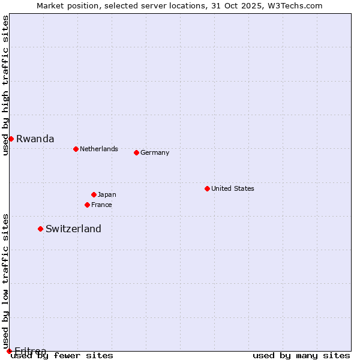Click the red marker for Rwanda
pos(11,139)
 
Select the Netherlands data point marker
pos(76,149)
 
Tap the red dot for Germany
pos(136,152)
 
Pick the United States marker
pos(207,188)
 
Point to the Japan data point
pos(94,194)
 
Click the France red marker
pos(87,205)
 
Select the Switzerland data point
pos(40,229)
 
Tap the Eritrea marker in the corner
pos(9,351)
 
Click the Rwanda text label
pos(35,139)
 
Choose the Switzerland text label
pos(73,229)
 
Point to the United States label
pos(232,188)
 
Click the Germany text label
pos(155,152)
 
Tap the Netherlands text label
pos(98,149)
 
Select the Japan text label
pos(107,194)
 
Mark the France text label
pos(101,205)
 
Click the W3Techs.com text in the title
pos(295,5)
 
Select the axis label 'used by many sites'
pos(301,355)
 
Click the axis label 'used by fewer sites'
pos(62,355)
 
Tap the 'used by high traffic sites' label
pos(5,85)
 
